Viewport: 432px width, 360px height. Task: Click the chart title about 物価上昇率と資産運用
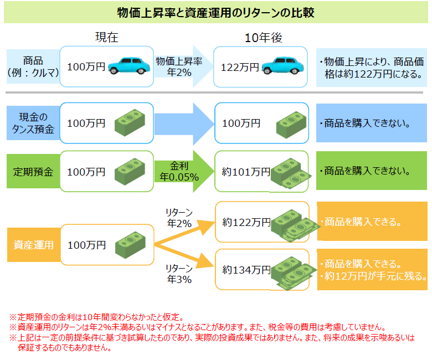216,12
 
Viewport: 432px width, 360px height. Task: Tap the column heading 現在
107,38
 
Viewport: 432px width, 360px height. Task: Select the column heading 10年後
264,38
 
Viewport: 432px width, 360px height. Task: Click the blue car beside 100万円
129,65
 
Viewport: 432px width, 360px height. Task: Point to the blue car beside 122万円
283,65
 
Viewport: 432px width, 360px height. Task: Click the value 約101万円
245,172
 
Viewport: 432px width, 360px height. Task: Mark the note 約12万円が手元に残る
374,275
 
